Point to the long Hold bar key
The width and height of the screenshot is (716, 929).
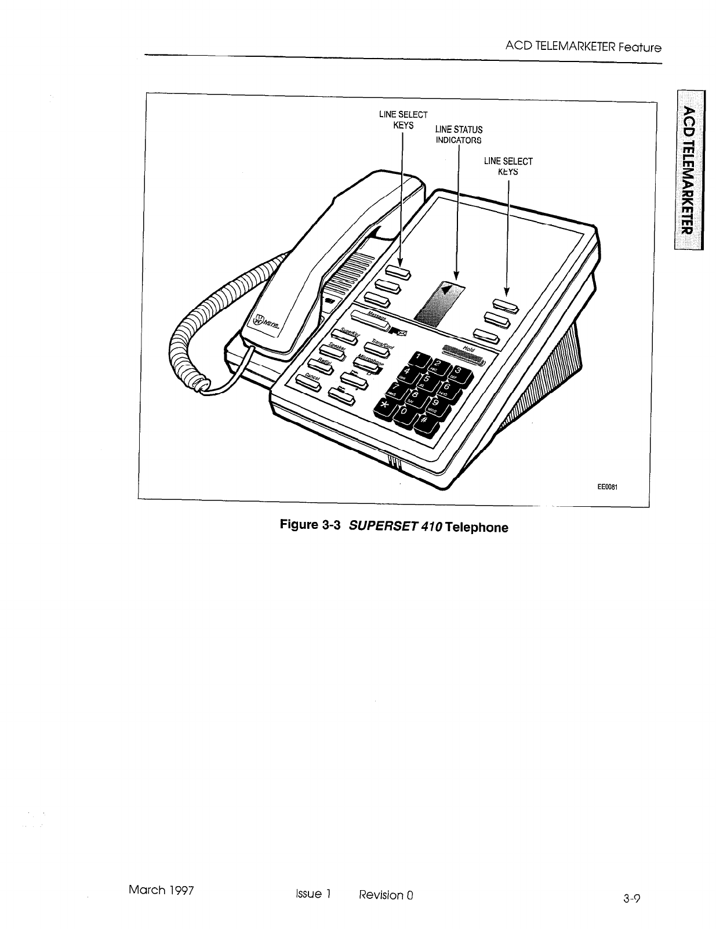click(x=464, y=354)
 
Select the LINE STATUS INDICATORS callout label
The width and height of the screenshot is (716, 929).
click(x=459, y=135)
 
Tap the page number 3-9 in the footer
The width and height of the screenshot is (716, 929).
click(x=632, y=899)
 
